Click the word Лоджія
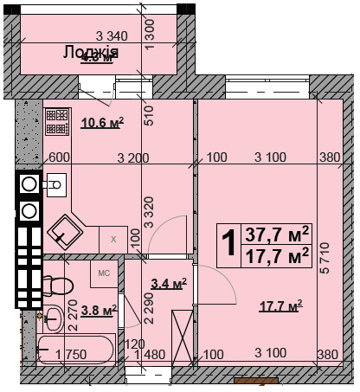tap(90, 53)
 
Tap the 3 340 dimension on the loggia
tap(112, 35)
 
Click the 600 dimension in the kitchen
tap(58, 157)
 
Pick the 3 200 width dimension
tap(133, 157)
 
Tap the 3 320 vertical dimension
tap(149, 212)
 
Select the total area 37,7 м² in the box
tap(278, 234)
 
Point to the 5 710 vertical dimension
tap(324, 259)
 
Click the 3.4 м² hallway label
tap(169, 283)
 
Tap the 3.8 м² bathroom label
tap(98, 309)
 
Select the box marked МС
tap(103, 273)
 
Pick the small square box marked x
tap(112, 239)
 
